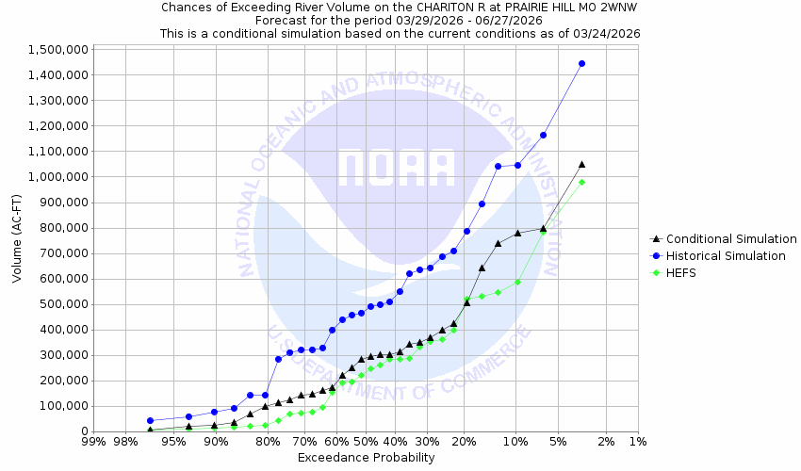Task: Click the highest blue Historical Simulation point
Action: pyautogui.click(x=581, y=64)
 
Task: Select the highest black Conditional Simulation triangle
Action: pyautogui.click(x=581, y=164)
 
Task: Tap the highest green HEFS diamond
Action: pyautogui.click(x=581, y=182)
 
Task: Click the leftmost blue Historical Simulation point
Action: pyautogui.click(x=150, y=421)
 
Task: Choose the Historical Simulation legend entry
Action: pyautogui.click(x=725, y=256)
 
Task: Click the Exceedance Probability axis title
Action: pyautogui.click(x=366, y=458)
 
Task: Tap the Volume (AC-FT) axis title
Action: pyautogui.click(x=18, y=239)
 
